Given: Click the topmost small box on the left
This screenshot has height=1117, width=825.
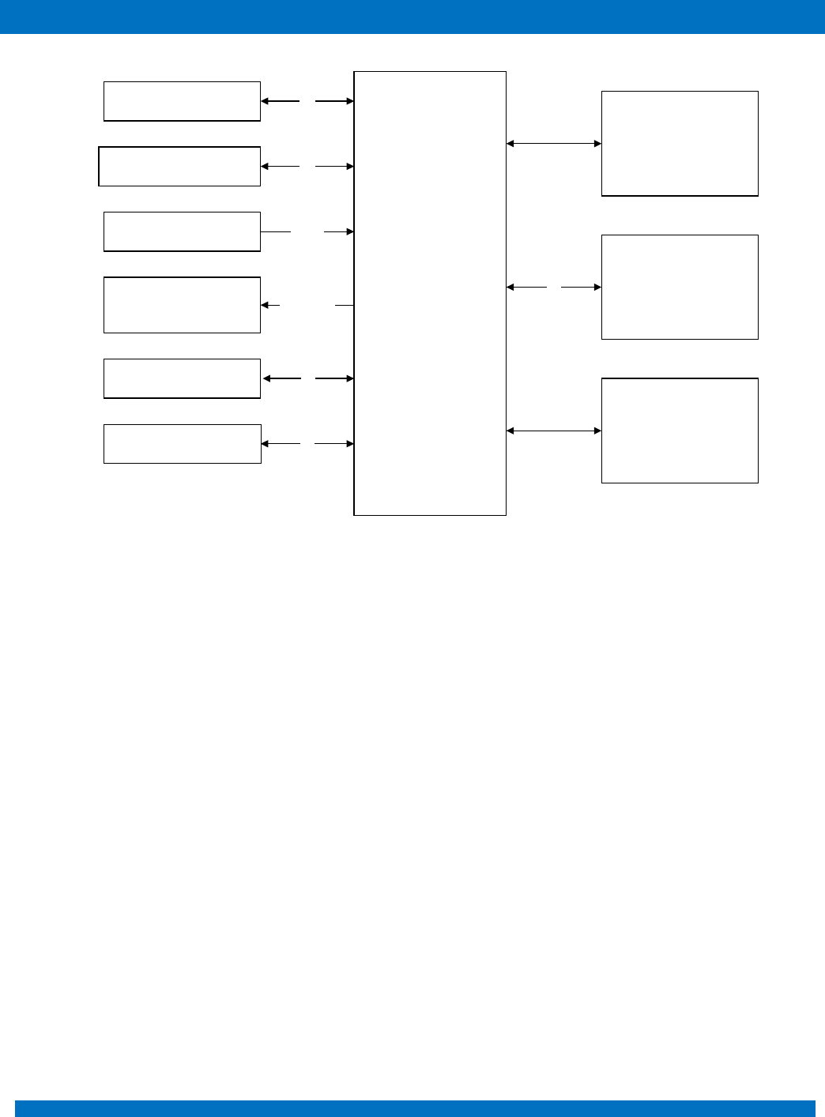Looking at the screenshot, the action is coord(182,101).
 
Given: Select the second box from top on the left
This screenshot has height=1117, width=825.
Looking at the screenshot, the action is coord(179,166).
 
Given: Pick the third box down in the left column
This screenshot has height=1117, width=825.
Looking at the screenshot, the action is coord(182,231).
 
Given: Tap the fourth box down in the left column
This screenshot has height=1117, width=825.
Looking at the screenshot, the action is coord(182,305).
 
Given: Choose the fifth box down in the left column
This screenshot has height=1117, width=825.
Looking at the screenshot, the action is coord(182,378).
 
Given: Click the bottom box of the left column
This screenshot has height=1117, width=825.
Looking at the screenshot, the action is coord(182,444).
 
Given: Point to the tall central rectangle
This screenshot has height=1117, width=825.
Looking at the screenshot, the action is coord(430,293).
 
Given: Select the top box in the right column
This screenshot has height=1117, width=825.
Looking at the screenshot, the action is coord(680,143).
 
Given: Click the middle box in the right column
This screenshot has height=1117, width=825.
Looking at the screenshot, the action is coord(680,287).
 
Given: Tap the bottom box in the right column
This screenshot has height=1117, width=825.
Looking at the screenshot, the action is coord(680,431).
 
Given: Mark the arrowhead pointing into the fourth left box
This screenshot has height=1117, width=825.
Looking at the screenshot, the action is coord(265,305).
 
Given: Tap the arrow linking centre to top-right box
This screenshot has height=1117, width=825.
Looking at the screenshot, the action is coord(553,144).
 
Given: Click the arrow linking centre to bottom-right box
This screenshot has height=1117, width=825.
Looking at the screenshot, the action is coord(553,431).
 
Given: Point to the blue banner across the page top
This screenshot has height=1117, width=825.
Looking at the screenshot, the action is coord(412,17).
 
